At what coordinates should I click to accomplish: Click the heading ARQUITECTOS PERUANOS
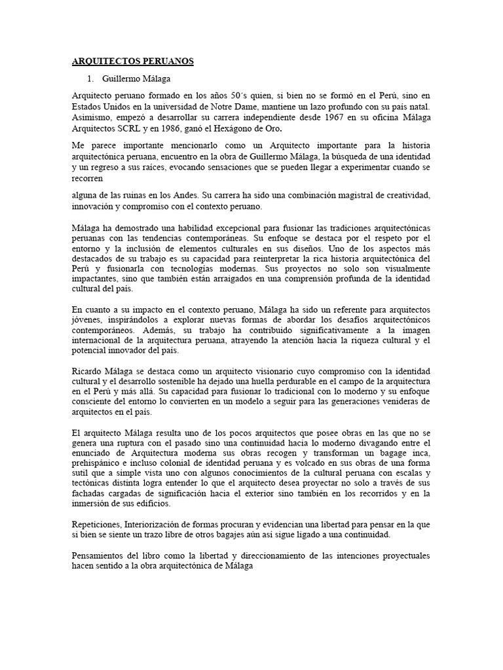[133, 62]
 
